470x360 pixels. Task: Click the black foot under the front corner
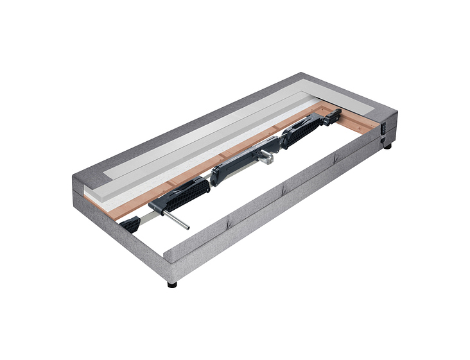(x=172, y=283)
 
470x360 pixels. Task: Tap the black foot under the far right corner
(x=388, y=146)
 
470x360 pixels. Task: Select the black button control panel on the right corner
(x=385, y=128)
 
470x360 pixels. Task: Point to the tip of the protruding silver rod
(x=186, y=227)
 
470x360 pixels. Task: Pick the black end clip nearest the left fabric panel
(x=130, y=225)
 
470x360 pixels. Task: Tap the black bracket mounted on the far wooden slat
(x=333, y=117)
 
